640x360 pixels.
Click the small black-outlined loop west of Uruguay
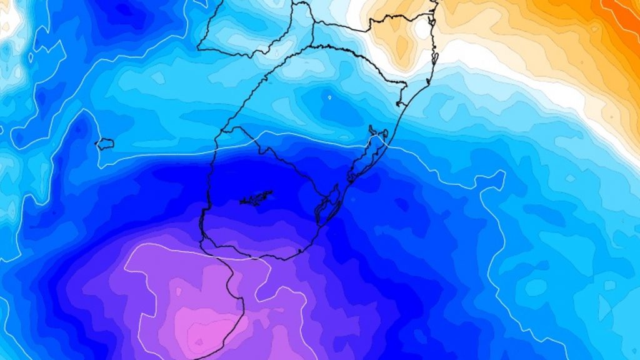(x=104, y=143)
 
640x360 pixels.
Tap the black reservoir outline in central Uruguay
(x=256, y=199)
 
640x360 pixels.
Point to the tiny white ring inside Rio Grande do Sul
(x=329, y=97)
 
